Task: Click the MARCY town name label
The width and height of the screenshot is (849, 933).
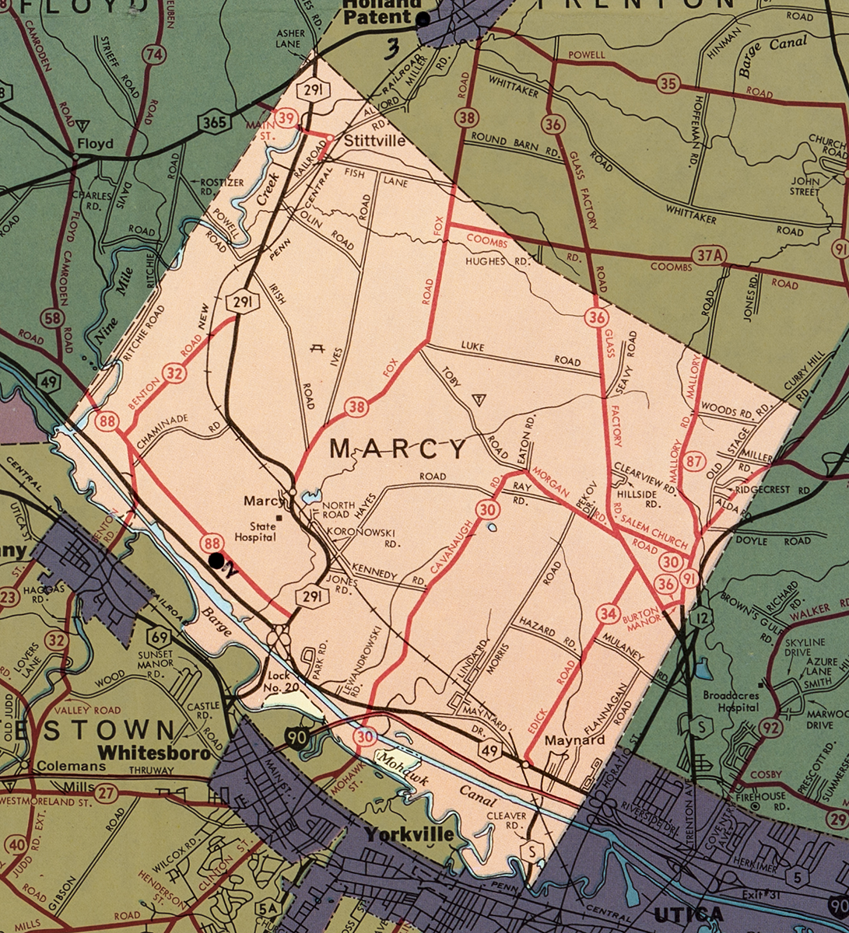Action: tap(399, 449)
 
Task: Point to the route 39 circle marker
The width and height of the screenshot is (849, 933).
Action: tap(286, 117)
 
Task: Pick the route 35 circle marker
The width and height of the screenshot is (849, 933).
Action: tap(667, 84)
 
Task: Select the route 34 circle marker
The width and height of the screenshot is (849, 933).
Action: tap(609, 614)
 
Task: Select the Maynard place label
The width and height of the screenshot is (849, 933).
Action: tap(574, 740)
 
